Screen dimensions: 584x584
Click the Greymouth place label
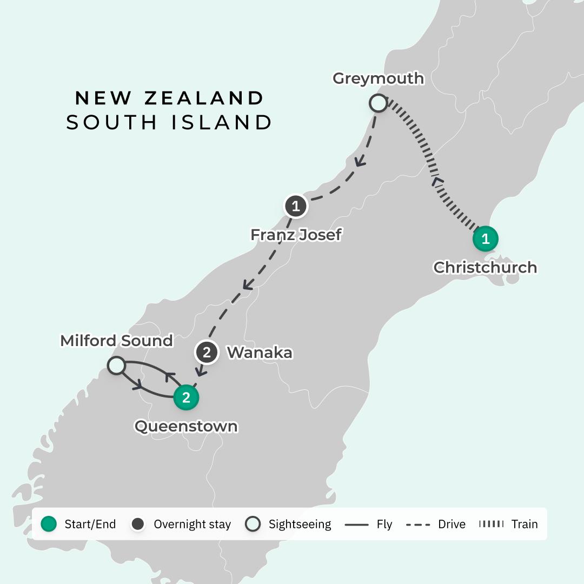[x=378, y=78]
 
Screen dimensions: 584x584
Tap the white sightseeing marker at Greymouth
[x=378, y=103]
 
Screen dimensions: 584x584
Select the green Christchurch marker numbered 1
[x=485, y=238]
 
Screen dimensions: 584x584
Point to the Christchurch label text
[x=485, y=267]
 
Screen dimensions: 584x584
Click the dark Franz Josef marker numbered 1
[x=295, y=206]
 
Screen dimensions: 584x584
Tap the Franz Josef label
[x=296, y=235]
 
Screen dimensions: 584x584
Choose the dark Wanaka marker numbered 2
[x=206, y=353]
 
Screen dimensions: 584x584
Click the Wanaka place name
[x=260, y=353]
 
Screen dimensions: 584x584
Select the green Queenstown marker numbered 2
[x=186, y=397]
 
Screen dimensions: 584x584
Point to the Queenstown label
[x=186, y=426]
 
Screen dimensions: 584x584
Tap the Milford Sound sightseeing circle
[x=116, y=365]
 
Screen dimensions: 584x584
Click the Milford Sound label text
[x=116, y=341]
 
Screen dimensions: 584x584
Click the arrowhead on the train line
[x=438, y=182]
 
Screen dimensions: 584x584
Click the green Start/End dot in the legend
[x=49, y=524]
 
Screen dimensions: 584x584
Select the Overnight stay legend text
[x=192, y=524]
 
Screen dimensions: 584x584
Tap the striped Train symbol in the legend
[x=492, y=524]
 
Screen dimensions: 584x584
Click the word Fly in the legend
[x=384, y=524]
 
